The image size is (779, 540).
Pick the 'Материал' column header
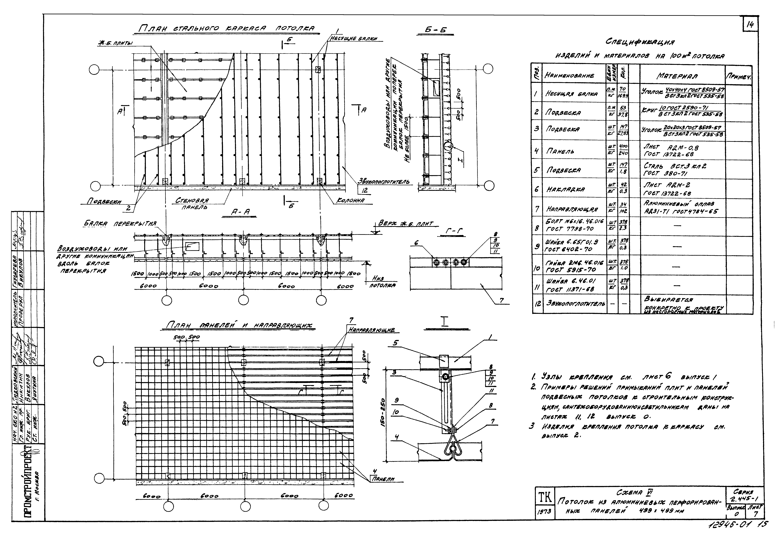pos(677,76)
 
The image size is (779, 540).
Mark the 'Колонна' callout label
pos(350,201)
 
